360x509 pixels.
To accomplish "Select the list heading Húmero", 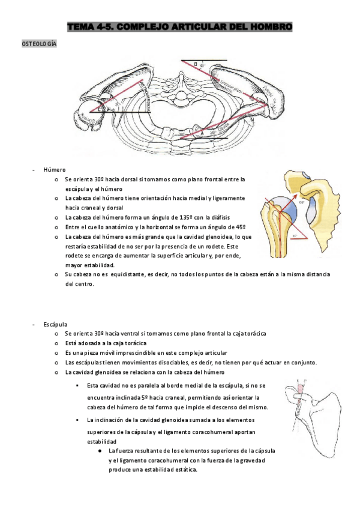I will [54, 170].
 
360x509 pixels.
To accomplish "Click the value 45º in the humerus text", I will [239, 226].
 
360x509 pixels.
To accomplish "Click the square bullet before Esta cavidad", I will [78, 385].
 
